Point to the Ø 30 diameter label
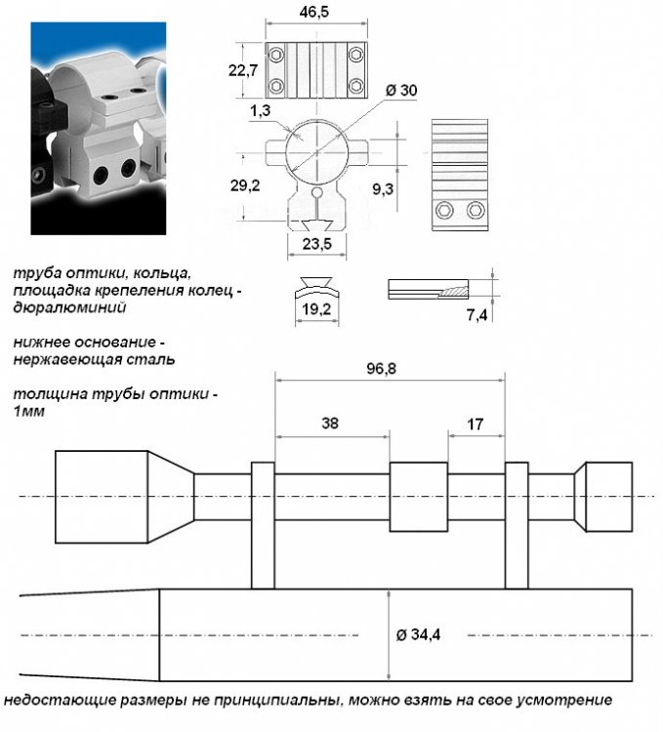[x=402, y=90]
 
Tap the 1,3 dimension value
[x=260, y=111]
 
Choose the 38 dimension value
[x=331, y=424]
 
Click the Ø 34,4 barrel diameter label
[x=421, y=634]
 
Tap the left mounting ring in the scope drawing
[x=263, y=525]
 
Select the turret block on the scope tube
[x=419, y=496]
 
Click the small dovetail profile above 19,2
[x=316, y=286]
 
